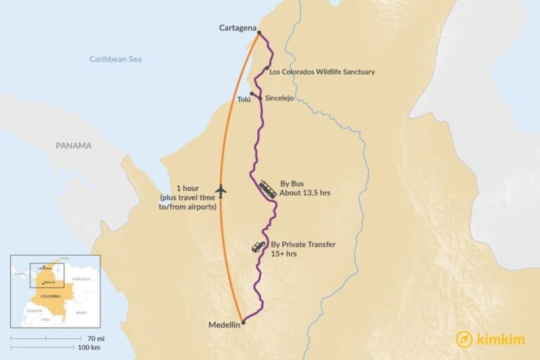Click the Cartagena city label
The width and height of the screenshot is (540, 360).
coord(236,28)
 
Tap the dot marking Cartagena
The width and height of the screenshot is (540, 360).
coord(259,33)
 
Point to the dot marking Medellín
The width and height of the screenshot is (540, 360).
coord(243,323)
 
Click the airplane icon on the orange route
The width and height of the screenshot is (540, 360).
coord(221,190)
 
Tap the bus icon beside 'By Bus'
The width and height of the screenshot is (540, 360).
coord(268,188)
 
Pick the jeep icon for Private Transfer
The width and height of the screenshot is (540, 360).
coord(259,247)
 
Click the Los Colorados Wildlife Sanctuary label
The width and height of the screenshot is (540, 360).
coord(322,72)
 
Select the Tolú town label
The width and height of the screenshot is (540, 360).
coord(243,100)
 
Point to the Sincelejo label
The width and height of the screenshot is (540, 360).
coord(279,98)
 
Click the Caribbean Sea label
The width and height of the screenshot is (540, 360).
coord(115,59)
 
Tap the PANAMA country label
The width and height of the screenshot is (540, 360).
coord(74,146)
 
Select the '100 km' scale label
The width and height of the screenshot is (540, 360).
coord(89,347)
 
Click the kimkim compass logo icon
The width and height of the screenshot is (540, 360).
coord(464,338)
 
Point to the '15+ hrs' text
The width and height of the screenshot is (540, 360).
coord(284,253)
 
